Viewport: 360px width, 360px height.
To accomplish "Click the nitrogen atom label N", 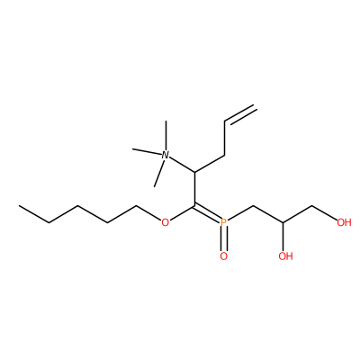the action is pyautogui.click(x=165, y=155).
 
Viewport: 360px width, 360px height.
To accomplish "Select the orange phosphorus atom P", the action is pyautogui.click(x=223, y=222).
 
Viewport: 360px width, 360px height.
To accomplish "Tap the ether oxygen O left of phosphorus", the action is pyautogui.click(x=165, y=222).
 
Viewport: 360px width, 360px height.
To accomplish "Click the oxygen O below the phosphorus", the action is pyautogui.click(x=224, y=256).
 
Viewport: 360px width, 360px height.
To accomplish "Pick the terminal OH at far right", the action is pyautogui.click(x=344, y=222).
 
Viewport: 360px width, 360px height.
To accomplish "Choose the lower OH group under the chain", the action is pyautogui.click(x=285, y=256).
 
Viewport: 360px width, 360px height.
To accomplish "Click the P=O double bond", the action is pyautogui.click(x=224, y=239).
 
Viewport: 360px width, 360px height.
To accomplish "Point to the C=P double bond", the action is pyautogui.click(x=208, y=212).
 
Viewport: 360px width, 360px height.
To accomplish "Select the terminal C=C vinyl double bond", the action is pyautogui.click(x=240, y=114).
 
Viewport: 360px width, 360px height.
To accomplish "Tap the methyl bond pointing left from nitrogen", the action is pyautogui.click(x=147, y=151).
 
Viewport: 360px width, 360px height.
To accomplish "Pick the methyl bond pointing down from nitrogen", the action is pyautogui.click(x=159, y=173).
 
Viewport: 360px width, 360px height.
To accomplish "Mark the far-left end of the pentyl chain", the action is pyautogui.click(x=19, y=206).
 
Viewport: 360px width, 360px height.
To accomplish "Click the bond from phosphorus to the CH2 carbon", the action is pyautogui.click(x=240, y=212).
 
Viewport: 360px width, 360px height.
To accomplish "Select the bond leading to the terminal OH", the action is pyautogui.click(x=325, y=212).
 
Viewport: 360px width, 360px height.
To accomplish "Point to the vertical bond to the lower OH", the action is pyautogui.click(x=283, y=237).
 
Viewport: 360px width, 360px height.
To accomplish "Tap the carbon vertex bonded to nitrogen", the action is pyautogui.click(x=195, y=172).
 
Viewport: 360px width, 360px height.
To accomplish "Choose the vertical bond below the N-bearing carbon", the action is pyautogui.click(x=195, y=189).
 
